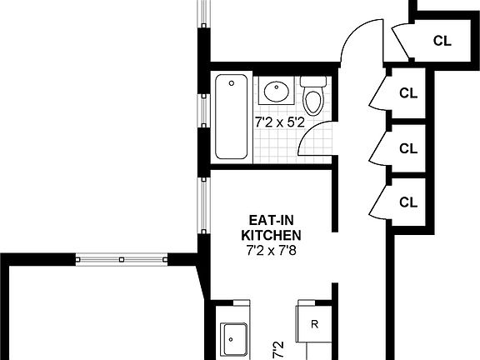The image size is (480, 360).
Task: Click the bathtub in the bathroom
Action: (232, 117)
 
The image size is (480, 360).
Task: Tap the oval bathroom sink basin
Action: (274, 89)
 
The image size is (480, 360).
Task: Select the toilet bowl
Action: (313, 102)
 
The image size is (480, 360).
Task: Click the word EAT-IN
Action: (270, 221)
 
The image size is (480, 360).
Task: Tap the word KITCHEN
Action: (270, 235)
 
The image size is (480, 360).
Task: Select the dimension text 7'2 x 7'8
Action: (270, 249)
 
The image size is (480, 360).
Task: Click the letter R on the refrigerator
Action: (314, 323)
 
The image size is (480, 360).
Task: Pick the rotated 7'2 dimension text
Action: (278, 347)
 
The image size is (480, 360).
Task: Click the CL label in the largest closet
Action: (442, 40)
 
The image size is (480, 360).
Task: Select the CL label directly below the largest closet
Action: (407, 92)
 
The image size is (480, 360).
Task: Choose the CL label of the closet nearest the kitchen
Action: (407, 202)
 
